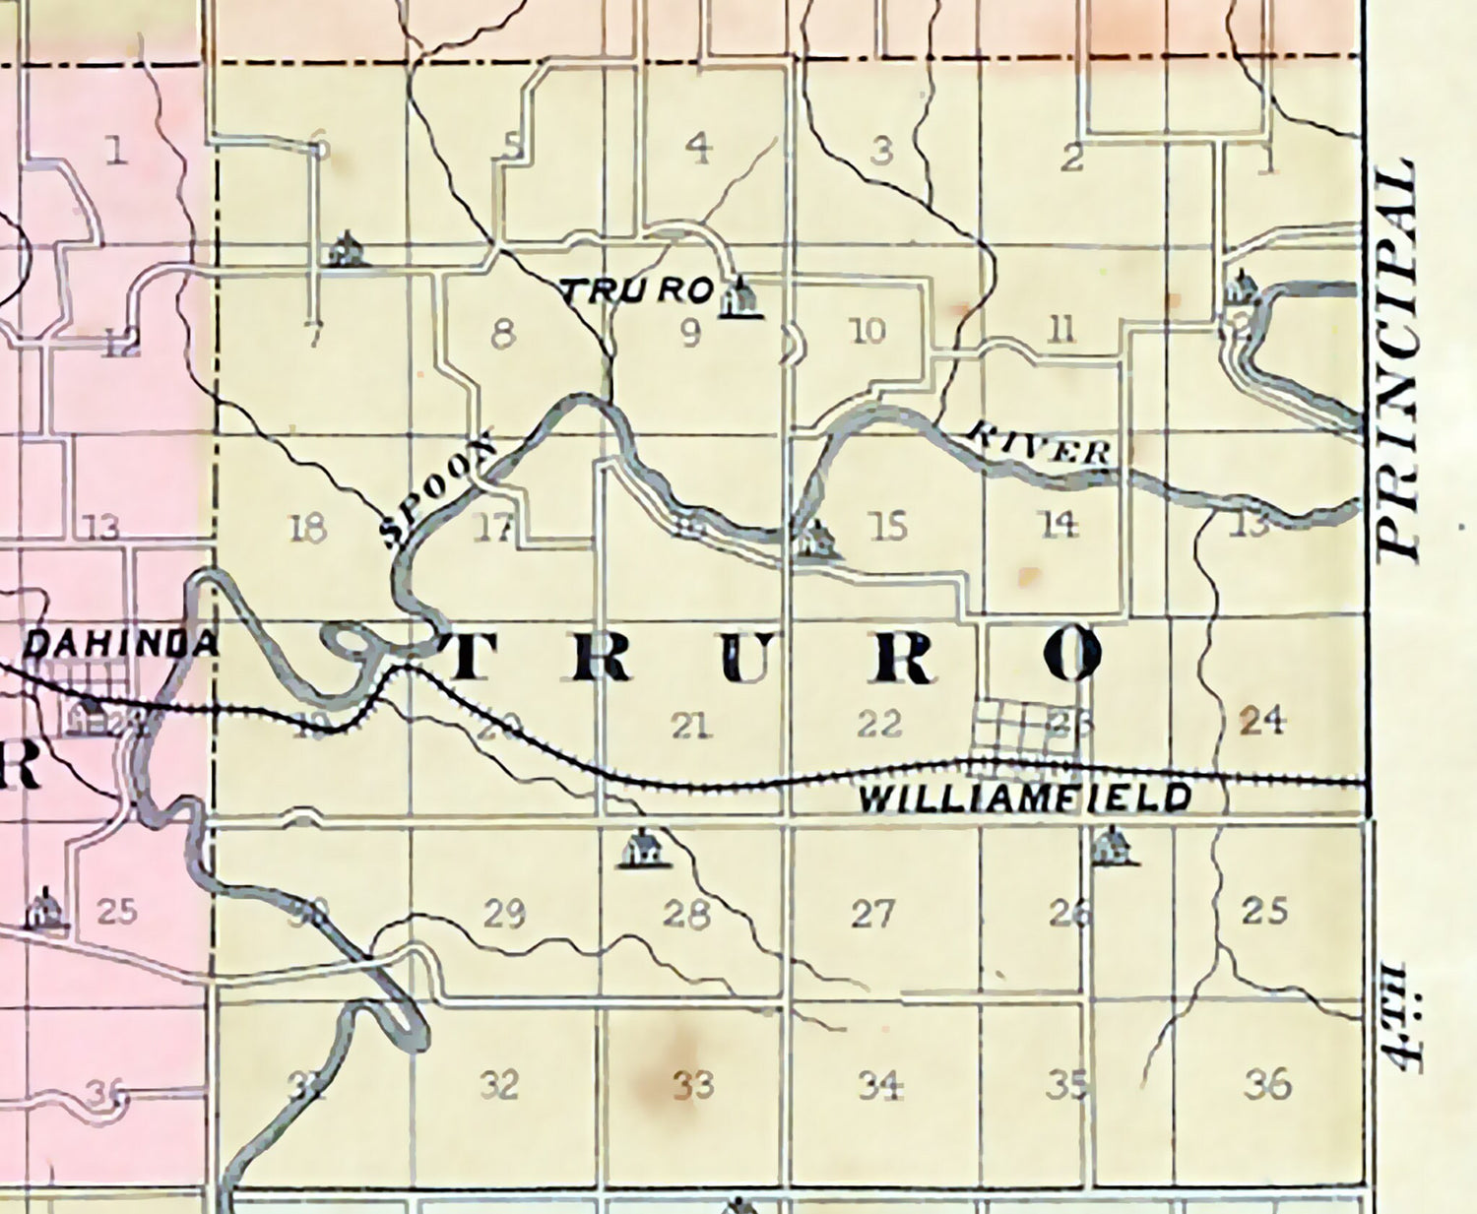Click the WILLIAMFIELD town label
tap(1025, 798)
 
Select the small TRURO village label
tap(636, 290)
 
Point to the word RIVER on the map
tap(1040, 445)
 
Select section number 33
tap(692, 1085)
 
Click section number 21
tap(690, 727)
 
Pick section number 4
tap(698, 149)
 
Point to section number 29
tap(503, 915)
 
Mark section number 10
tap(867, 331)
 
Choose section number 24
tap(1261, 721)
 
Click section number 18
tap(308, 529)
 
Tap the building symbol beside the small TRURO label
tap(741, 298)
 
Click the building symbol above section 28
tap(643, 849)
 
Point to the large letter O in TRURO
tap(1072, 655)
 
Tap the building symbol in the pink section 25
tap(44, 909)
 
